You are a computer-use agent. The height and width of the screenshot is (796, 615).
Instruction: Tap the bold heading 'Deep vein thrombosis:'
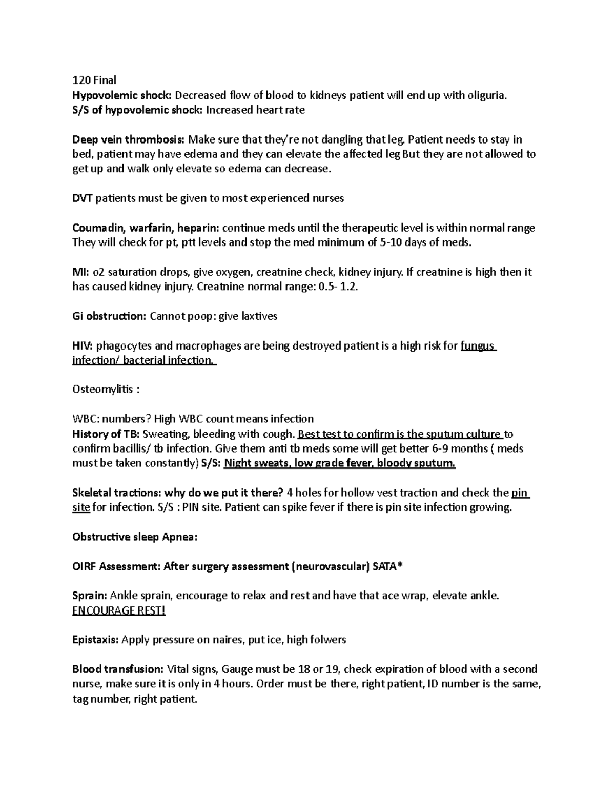point(129,139)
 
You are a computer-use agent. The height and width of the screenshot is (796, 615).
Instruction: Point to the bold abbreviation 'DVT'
point(83,198)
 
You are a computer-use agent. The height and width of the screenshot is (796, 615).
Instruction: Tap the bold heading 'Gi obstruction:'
point(109,316)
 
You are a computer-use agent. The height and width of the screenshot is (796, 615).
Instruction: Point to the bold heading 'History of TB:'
point(106,434)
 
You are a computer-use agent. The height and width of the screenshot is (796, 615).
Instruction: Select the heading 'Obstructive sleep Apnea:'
point(135,537)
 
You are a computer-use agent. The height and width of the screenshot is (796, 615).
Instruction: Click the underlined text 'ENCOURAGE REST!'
point(119,611)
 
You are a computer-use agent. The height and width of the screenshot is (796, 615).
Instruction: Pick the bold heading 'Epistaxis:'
point(96,640)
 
